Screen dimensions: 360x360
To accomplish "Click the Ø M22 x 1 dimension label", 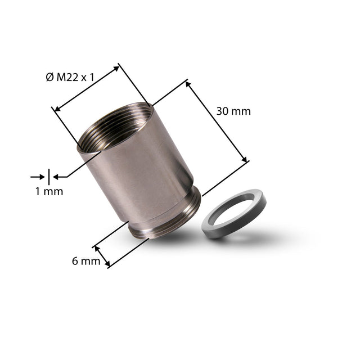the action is [x=70, y=78].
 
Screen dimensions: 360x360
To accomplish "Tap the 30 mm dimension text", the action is [x=233, y=111].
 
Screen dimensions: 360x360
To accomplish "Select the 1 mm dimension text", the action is [x=49, y=191].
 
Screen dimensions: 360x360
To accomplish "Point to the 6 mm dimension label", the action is [x=86, y=261].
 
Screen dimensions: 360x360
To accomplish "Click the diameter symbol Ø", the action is [x=49, y=78].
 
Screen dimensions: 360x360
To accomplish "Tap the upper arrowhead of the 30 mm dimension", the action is [x=188, y=84].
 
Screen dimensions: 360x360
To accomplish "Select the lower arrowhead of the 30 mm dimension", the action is [x=244, y=159].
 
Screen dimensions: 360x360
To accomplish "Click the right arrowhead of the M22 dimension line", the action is [x=116, y=68].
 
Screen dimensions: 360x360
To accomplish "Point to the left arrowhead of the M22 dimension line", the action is [x=57, y=109].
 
